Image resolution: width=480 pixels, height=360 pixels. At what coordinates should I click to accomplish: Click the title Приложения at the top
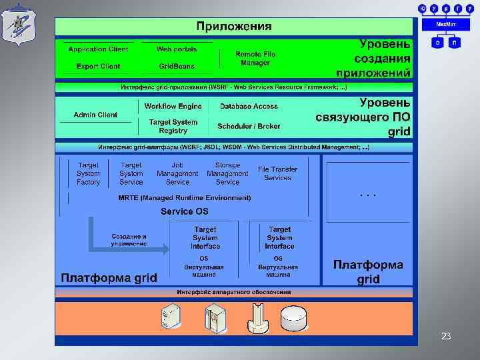click(233, 27)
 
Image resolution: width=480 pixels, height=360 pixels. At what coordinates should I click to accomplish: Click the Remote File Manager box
click(255, 58)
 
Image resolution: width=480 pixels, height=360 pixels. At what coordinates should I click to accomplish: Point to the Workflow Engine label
click(173, 106)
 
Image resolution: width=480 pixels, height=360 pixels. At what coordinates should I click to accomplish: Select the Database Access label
click(249, 106)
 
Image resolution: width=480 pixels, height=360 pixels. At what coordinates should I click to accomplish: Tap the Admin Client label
click(95, 115)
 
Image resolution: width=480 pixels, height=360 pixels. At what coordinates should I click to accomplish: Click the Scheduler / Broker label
click(249, 126)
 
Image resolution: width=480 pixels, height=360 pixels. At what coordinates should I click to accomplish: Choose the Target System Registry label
click(173, 126)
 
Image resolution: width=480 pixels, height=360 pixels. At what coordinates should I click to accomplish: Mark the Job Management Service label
click(177, 173)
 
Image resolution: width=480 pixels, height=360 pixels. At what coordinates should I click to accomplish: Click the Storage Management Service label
click(227, 173)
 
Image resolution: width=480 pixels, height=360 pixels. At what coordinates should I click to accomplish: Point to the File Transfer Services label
click(277, 173)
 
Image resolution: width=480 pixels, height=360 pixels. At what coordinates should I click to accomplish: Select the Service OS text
click(184, 211)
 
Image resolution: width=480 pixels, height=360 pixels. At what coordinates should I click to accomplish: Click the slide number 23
click(446, 337)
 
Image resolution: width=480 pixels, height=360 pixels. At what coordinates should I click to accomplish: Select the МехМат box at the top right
click(446, 24)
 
